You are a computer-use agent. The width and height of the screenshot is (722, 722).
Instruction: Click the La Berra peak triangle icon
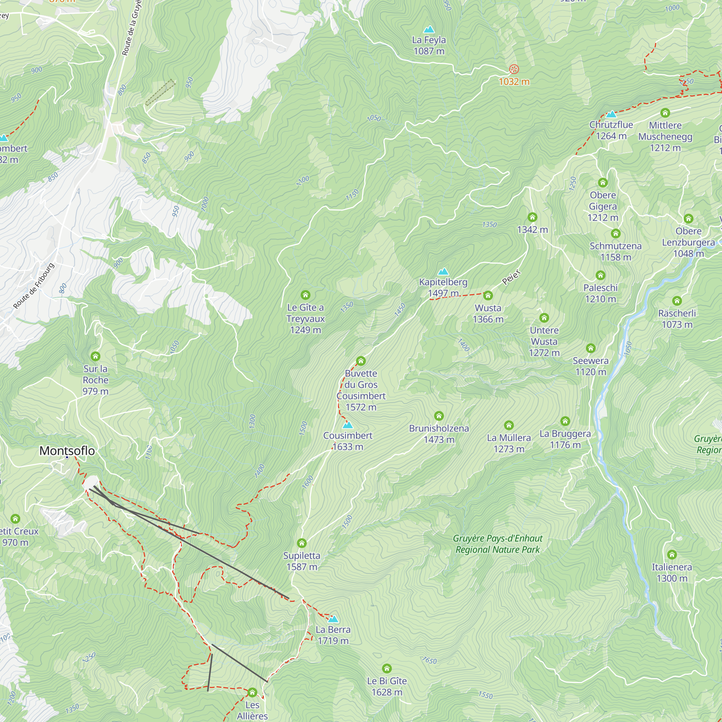pyautogui.click(x=333, y=619)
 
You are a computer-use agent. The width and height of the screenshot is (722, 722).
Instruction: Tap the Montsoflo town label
pyautogui.click(x=67, y=451)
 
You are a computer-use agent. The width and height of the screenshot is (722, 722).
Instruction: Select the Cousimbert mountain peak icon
pyautogui.click(x=348, y=425)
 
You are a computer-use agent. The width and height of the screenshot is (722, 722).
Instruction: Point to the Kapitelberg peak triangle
pyautogui.click(x=443, y=271)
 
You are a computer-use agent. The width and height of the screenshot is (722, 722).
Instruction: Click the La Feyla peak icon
pyautogui.click(x=429, y=29)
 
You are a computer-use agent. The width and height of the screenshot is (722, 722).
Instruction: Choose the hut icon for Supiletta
pyautogui.click(x=301, y=543)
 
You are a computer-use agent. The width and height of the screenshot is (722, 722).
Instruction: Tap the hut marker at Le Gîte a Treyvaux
pyautogui.click(x=305, y=295)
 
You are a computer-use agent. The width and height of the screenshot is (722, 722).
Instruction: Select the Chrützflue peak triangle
pyautogui.click(x=611, y=114)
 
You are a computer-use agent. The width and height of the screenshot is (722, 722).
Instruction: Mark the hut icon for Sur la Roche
pyautogui.click(x=95, y=356)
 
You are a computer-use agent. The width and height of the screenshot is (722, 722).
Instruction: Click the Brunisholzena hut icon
pyautogui.click(x=439, y=416)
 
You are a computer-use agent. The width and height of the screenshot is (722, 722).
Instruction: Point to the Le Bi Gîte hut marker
pyautogui.click(x=387, y=668)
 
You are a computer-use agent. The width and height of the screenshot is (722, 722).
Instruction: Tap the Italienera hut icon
pyautogui.click(x=671, y=554)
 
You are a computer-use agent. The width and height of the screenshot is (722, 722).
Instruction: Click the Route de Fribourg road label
pyautogui.click(x=34, y=286)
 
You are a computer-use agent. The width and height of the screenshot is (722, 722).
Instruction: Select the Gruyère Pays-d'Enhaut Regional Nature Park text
pyautogui.click(x=497, y=544)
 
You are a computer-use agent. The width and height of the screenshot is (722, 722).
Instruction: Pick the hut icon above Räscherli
pyautogui.click(x=677, y=301)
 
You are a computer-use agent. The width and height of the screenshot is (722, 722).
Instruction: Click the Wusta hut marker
pyautogui.click(x=488, y=296)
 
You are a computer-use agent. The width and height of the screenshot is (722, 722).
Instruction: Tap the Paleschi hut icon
pyautogui.click(x=600, y=275)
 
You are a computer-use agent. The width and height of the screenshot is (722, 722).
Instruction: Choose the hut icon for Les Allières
pyautogui.click(x=252, y=692)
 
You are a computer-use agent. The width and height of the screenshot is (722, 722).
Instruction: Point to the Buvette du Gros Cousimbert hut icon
pyautogui.click(x=361, y=361)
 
